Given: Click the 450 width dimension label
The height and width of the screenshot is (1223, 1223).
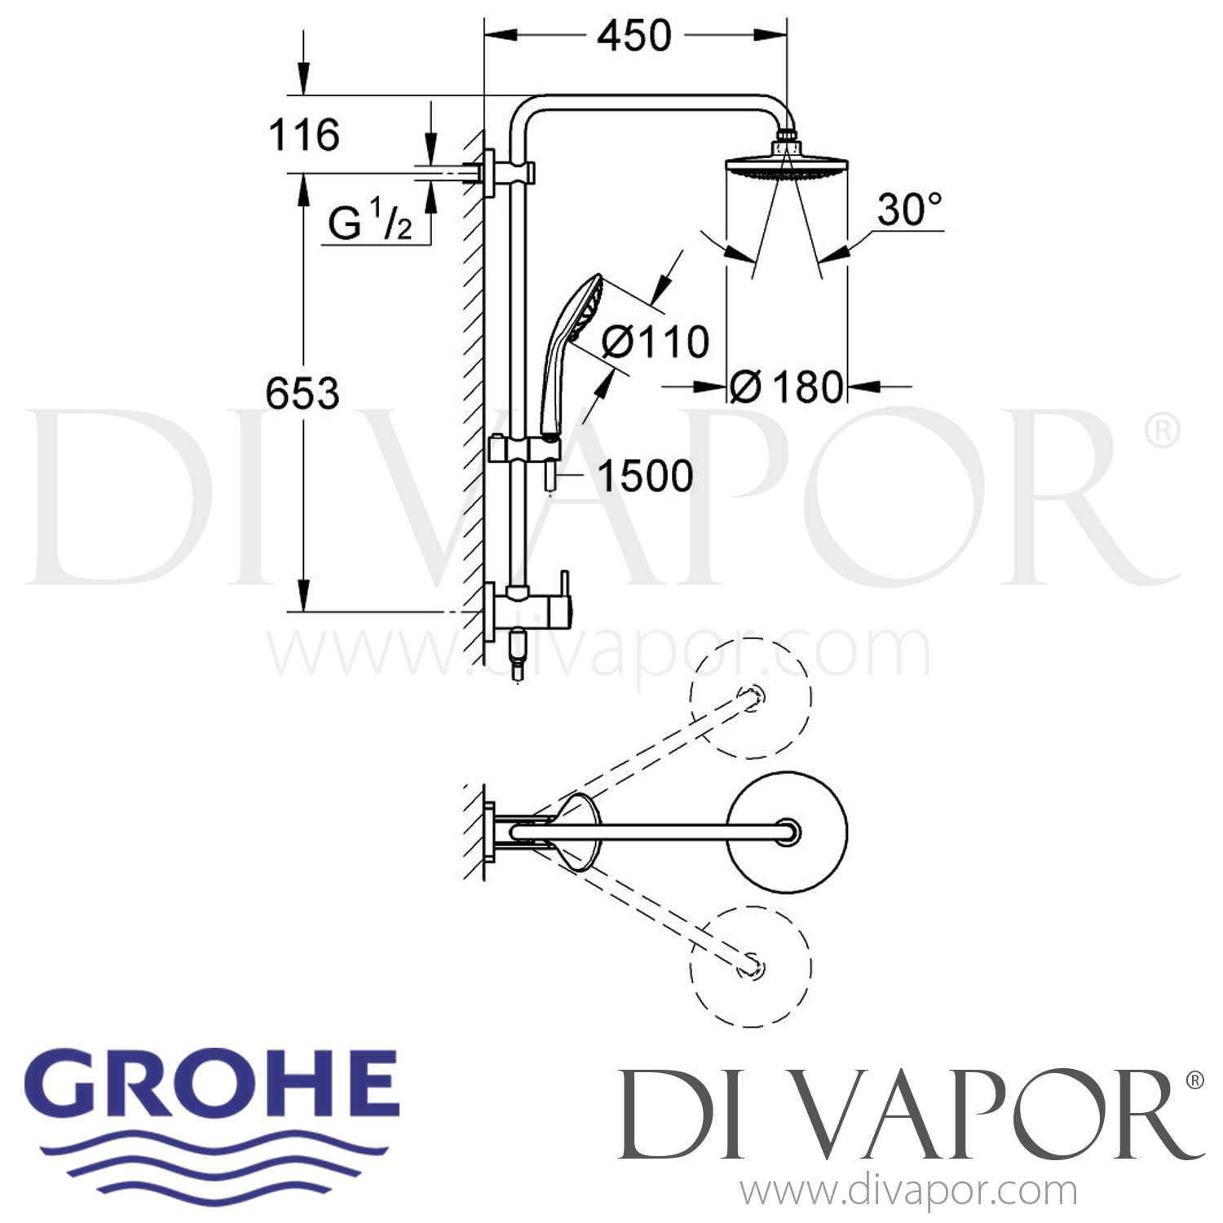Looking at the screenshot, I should click(634, 37).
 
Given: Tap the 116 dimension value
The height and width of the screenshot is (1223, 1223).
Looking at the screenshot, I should click(303, 135).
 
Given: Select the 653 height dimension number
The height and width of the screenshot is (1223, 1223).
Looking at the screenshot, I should click(302, 394).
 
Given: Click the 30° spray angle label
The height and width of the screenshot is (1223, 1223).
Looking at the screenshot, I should click(909, 210).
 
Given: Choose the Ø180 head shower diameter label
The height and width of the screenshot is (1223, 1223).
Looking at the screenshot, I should click(786, 386).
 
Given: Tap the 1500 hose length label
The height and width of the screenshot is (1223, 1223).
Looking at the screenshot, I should click(645, 475).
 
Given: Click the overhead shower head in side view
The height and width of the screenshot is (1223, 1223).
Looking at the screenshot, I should click(786, 166).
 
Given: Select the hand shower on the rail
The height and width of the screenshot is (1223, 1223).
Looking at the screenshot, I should click(569, 342).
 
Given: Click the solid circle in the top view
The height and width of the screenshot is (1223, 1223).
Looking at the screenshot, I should click(787, 832).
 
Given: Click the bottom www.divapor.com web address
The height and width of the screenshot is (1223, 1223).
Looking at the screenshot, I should click(908, 1191).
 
